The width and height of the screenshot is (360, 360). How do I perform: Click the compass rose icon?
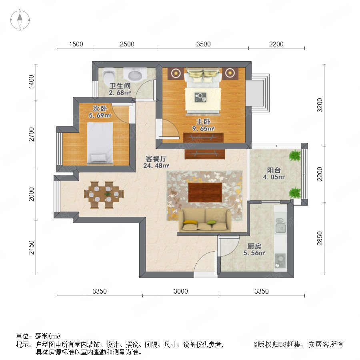click(20, 20)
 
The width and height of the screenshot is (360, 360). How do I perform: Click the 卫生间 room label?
click(120, 86)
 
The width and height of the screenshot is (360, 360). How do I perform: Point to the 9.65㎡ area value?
click(204, 129)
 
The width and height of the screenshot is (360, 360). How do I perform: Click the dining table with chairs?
click(104, 195)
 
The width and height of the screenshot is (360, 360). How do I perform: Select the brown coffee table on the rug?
click(205, 192)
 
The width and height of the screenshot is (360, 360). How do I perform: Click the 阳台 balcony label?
click(274, 170)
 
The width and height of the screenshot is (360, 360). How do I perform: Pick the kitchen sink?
click(280, 226)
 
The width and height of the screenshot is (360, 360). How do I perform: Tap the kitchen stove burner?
click(280, 260)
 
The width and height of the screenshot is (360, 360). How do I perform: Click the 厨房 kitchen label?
click(254, 246)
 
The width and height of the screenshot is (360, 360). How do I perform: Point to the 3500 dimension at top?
click(204, 44)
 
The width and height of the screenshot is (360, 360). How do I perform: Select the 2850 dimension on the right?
click(320, 238)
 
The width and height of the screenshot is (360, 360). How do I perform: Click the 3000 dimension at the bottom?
click(181, 291)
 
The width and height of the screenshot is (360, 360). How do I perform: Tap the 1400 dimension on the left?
click(31, 82)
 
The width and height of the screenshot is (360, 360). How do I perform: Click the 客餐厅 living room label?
click(156, 159)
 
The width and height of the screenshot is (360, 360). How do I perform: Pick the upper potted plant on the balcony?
click(295, 156)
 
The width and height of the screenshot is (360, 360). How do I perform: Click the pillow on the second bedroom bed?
click(98, 158)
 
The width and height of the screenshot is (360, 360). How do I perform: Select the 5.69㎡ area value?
click(100, 116)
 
